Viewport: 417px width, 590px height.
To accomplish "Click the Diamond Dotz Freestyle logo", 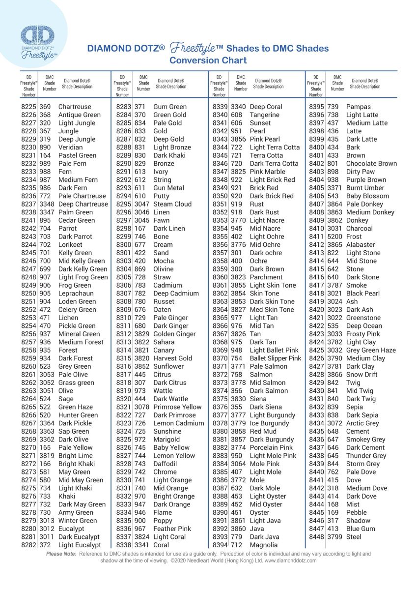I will point(39,42).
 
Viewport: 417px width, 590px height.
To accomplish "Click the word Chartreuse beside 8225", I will point(75,107).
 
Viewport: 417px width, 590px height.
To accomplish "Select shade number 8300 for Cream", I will point(124,244).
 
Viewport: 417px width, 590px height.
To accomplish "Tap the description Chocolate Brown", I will point(371,163).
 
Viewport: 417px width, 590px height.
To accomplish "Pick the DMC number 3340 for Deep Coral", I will point(238,107).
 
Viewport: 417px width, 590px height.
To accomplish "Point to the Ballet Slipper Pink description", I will point(275,358).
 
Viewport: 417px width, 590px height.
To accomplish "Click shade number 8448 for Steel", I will point(317,537).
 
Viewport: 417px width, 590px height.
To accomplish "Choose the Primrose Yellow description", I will point(177,407).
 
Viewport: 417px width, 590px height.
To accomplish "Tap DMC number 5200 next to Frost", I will point(334,236).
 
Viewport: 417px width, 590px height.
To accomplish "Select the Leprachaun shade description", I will point(76,294).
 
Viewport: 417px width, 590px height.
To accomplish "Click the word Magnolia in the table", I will point(264,545).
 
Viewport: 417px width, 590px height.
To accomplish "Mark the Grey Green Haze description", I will point(371,350).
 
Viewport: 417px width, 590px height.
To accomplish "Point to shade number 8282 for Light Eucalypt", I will point(29,545).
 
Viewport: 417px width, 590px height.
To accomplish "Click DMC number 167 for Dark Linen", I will point(140,228).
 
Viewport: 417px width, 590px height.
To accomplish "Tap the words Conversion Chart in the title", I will point(208,60).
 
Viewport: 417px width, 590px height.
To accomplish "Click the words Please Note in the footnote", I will point(61,554).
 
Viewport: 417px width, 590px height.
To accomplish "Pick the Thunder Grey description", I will point(366,456).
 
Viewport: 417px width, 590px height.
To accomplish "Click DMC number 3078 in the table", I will point(142,407).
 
